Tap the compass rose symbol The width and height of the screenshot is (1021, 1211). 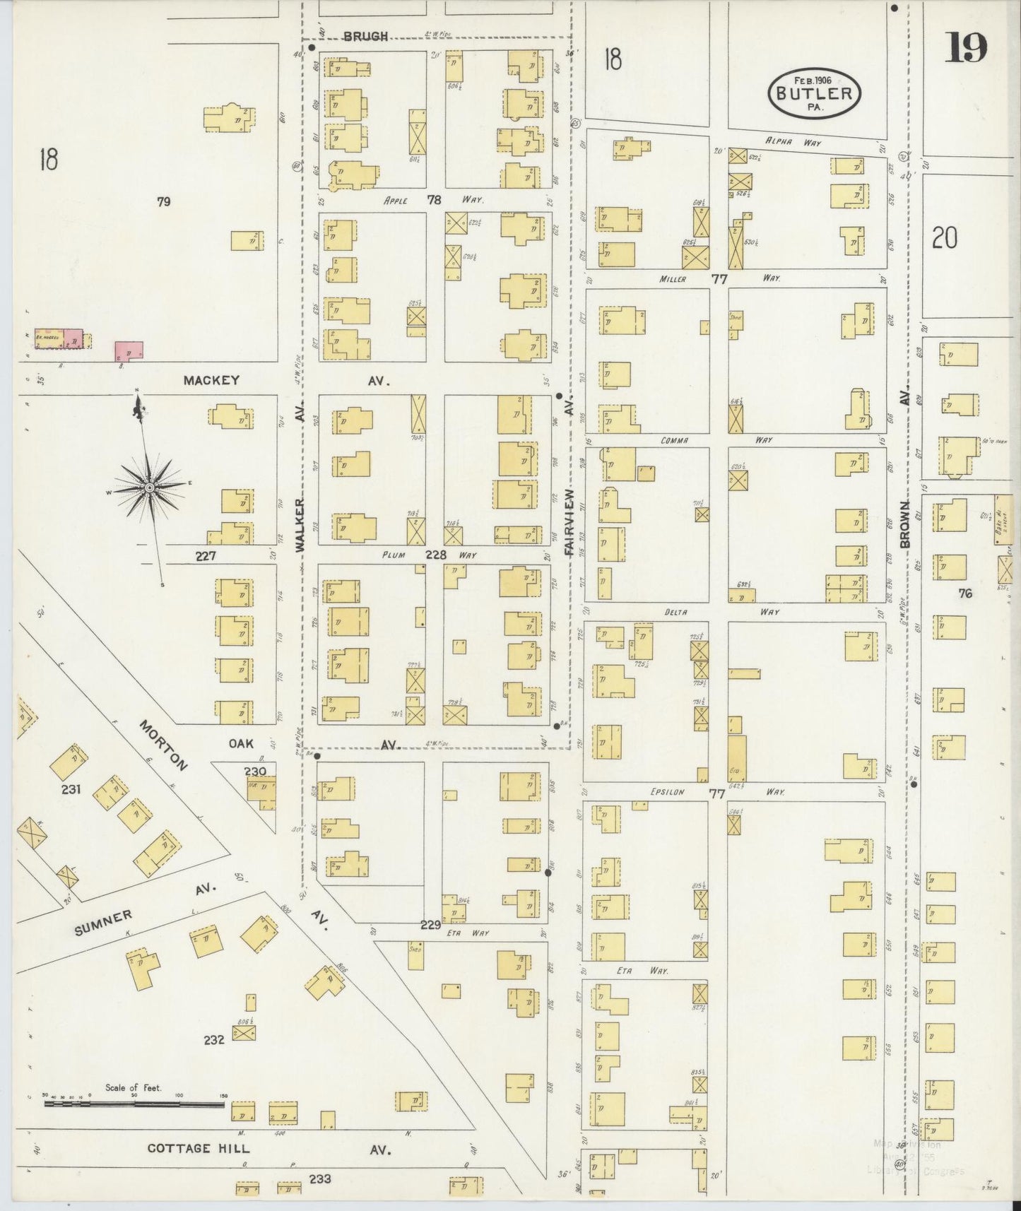[150, 487]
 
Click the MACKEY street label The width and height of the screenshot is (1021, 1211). [211, 380]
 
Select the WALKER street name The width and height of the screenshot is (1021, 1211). [300, 524]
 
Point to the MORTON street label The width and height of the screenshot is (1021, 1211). [164, 746]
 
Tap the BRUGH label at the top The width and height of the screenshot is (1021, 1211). [366, 36]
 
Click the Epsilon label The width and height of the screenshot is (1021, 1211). [667, 792]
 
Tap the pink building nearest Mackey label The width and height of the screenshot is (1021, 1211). [129, 350]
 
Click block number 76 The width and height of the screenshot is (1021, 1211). [965, 593]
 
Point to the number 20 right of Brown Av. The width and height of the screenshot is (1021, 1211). [945, 239]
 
